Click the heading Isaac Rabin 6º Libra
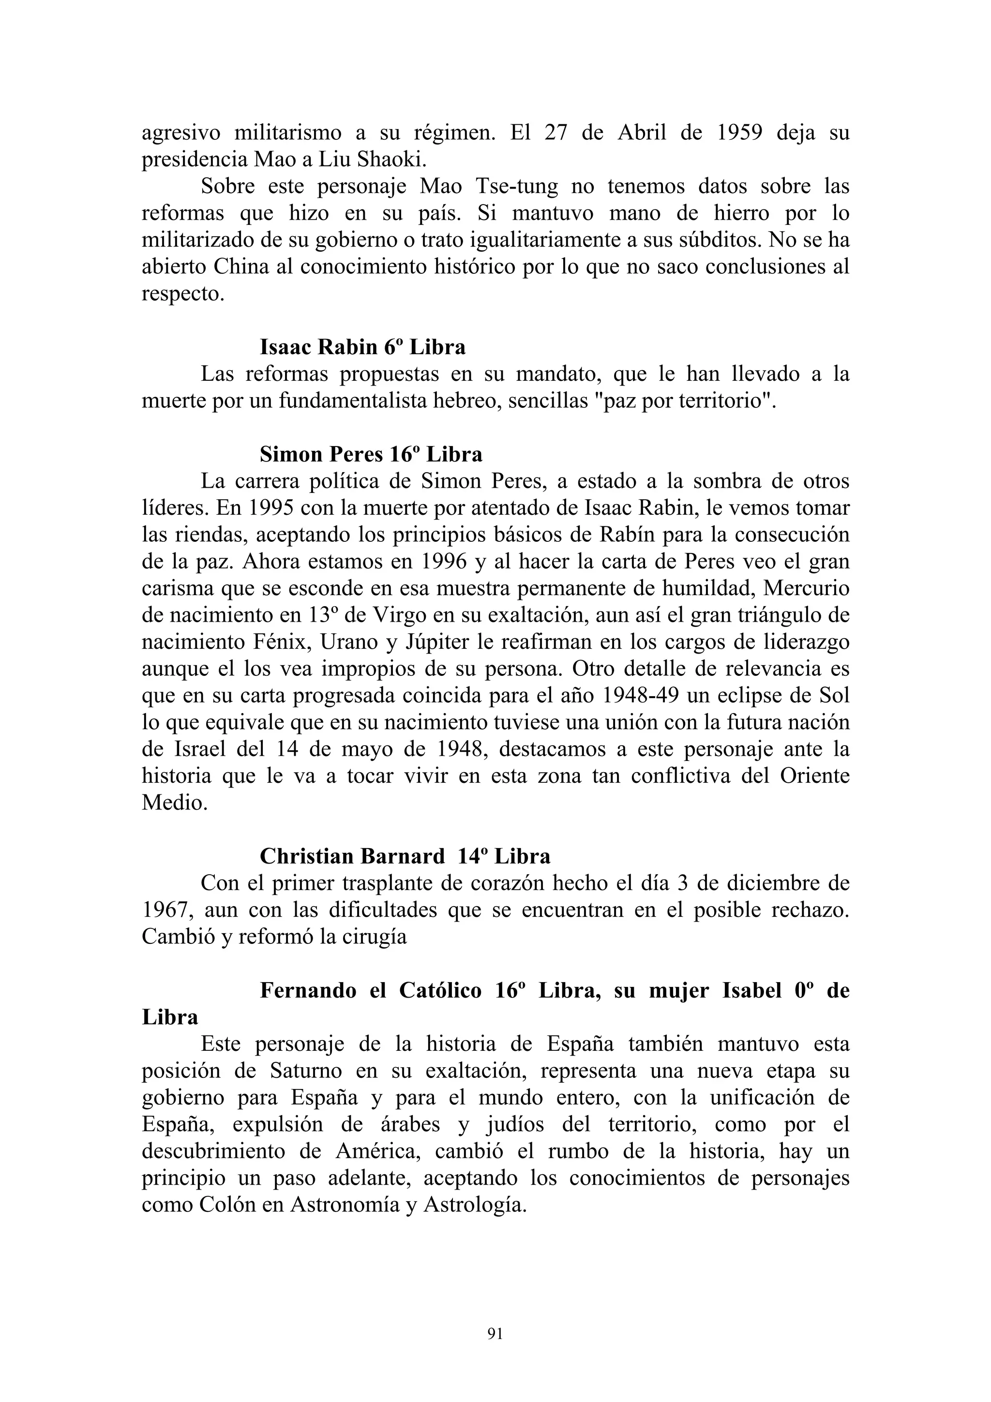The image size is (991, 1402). pos(363,347)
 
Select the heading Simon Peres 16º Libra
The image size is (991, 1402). pos(371,454)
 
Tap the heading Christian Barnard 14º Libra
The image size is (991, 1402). pos(405,857)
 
